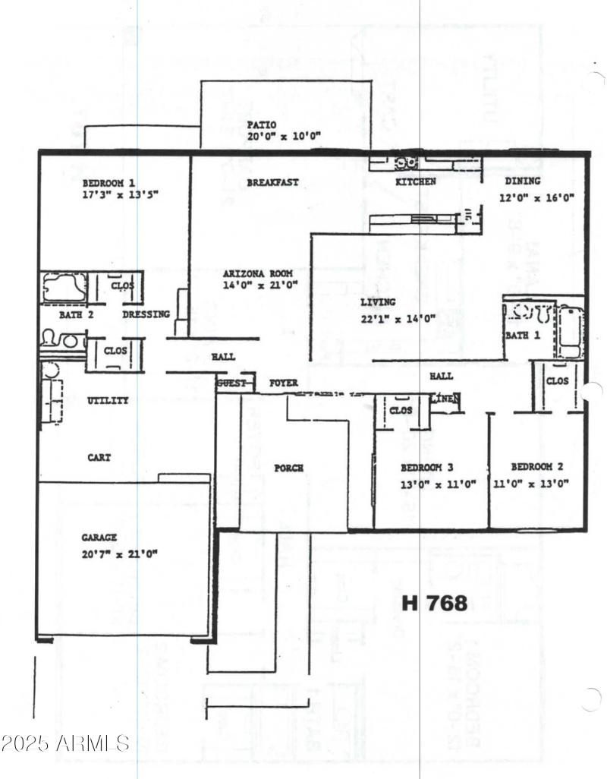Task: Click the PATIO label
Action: (x=262, y=125)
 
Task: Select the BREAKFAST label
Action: (x=272, y=183)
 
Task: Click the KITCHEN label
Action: (x=416, y=182)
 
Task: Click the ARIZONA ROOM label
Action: (x=257, y=273)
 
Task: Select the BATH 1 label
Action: (x=522, y=335)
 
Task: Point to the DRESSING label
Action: (x=146, y=314)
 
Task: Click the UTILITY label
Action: (x=108, y=400)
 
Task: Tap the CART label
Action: (x=99, y=458)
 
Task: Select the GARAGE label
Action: (x=99, y=538)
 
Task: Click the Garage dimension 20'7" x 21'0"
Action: (x=120, y=553)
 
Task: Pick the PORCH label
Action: (x=288, y=468)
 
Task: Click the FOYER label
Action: (x=284, y=383)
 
